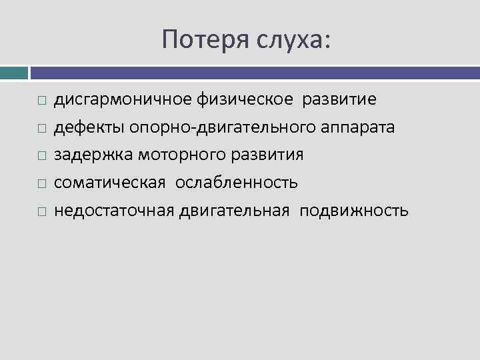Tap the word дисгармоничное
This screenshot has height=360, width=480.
click(123, 99)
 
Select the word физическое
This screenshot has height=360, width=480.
click(245, 99)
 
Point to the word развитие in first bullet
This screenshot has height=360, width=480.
click(339, 99)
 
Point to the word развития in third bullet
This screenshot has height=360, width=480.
click(269, 155)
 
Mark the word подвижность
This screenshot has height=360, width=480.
click(353, 211)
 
